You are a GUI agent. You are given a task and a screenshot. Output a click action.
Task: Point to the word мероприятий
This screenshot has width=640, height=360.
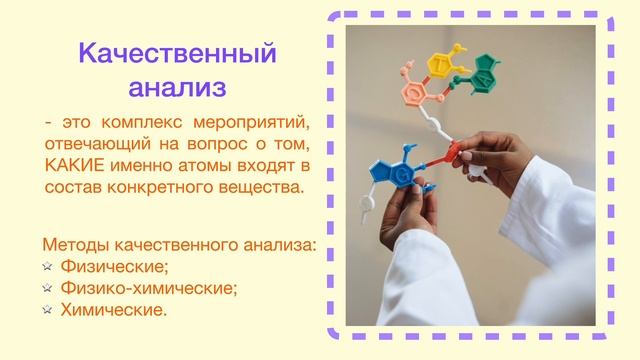[x=256, y=123]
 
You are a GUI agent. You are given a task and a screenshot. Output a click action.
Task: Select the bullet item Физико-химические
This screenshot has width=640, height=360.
[x=149, y=289]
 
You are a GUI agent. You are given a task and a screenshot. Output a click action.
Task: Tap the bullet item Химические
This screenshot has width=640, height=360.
[x=113, y=311]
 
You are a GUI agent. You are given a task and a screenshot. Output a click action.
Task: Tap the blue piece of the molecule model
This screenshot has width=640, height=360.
[x=398, y=169]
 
